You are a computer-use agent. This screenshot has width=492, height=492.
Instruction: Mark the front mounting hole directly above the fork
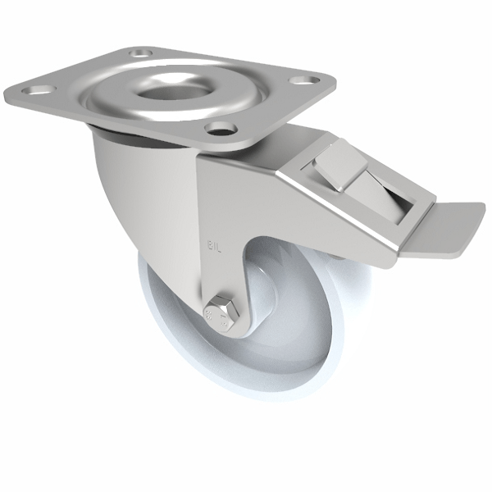(219, 128)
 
